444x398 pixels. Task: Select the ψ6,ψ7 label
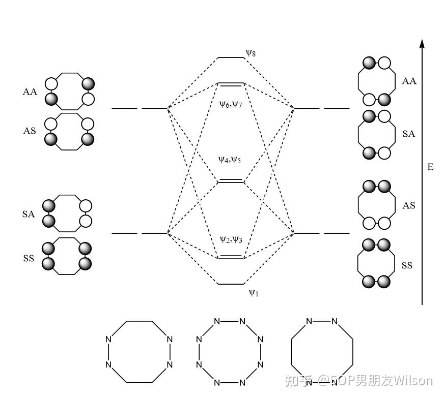pyautogui.click(x=230, y=105)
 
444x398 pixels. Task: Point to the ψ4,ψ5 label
pyautogui.click(x=230, y=160)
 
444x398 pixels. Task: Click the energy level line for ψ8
pyautogui.click(x=231, y=57)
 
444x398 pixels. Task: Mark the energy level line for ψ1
pyautogui.click(x=231, y=284)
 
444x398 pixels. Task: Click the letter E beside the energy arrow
pyautogui.click(x=430, y=167)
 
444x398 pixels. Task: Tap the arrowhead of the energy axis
pyautogui.click(x=422, y=44)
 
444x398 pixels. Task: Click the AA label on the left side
pyautogui.click(x=30, y=92)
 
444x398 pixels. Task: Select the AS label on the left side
pyautogui.click(x=30, y=131)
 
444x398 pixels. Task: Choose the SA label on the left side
pyautogui.click(x=29, y=215)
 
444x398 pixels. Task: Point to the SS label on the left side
pyautogui.click(x=29, y=258)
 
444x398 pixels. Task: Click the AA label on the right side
pyautogui.click(x=409, y=81)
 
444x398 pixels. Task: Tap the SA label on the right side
pyautogui.click(x=409, y=134)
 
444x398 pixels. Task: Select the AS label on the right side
pyautogui.click(x=409, y=206)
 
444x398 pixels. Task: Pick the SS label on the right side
pyautogui.click(x=407, y=266)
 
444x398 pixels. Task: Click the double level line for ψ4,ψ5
pyautogui.click(x=231, y=181)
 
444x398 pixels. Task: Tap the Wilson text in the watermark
pyautogui.click(x=413, y=380)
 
